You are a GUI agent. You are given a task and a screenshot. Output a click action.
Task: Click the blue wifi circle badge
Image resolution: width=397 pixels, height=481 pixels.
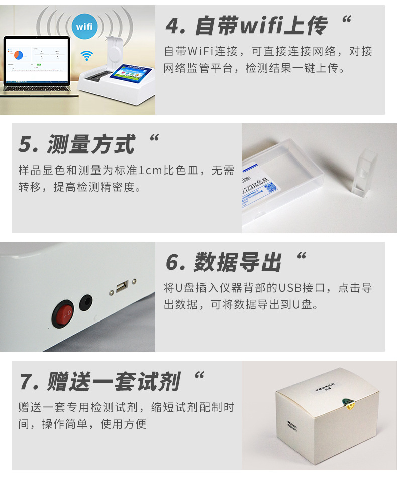click(x=84, y=26)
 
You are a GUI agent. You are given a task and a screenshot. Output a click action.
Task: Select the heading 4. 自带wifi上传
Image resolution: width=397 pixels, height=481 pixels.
click(x=246, y=26)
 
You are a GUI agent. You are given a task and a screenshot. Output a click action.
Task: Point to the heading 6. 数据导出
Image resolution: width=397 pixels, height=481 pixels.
click(x=224, y=262)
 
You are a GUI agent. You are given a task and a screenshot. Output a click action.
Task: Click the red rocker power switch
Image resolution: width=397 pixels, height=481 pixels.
click(x=64, y=314)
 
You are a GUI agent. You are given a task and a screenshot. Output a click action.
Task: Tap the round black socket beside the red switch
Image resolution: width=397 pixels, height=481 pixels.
click(x=86, y=302)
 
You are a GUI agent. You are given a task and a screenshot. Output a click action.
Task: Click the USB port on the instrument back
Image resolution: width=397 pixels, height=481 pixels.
click(x=122, y=287)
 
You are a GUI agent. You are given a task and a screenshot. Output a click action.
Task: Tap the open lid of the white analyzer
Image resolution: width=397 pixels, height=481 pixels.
click(x=115, y=50)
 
